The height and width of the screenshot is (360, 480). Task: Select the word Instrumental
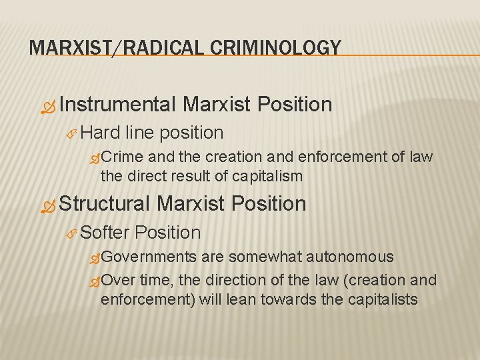pyautogui.click(x=117, y=105)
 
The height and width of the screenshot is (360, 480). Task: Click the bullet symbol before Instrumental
pyautogui.click(x=48, y=106)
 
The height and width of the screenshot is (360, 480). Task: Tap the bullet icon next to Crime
pyautogui.click(x=95, y=158)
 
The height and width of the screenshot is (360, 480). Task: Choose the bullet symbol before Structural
pyautogui.click(x=48, y=205)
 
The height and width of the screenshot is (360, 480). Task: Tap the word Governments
pyautogui.click(x=149, y=257)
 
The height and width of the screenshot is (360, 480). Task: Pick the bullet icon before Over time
pyautogui.click(x=95, y=281)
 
